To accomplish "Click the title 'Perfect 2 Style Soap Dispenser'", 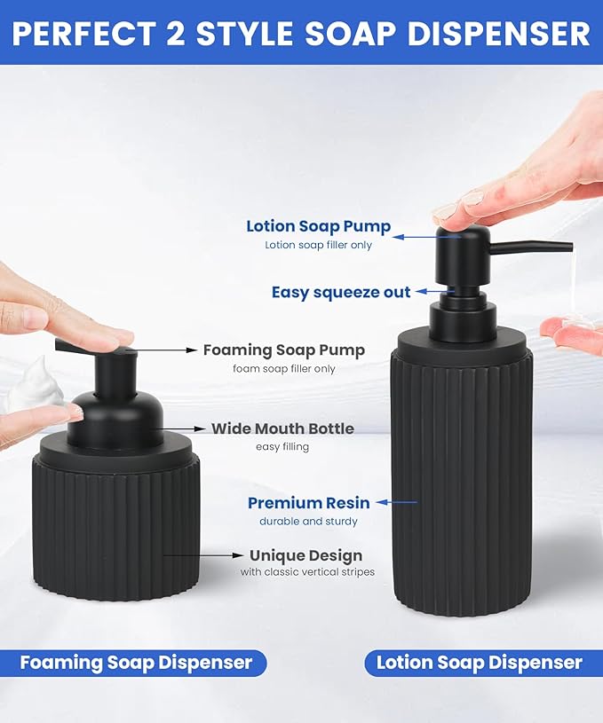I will (301, 33).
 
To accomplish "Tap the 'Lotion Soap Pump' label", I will (318, 226).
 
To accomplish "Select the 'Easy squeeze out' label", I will (341, 292).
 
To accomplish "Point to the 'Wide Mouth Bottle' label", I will (282, 428).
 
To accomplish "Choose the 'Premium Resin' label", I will (308, 503).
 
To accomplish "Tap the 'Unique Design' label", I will (305, 556).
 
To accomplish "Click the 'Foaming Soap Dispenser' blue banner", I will (136, 663).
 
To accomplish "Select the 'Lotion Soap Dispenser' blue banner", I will (479, 663).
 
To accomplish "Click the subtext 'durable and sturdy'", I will (308, 522).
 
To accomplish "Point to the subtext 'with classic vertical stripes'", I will (307, 572).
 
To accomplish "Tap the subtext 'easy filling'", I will (282, 446).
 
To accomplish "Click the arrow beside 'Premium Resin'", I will (396, 503).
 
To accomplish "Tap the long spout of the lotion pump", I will (533, 246).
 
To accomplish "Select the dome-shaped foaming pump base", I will (115, 417).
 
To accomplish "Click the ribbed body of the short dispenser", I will (115, 528).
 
